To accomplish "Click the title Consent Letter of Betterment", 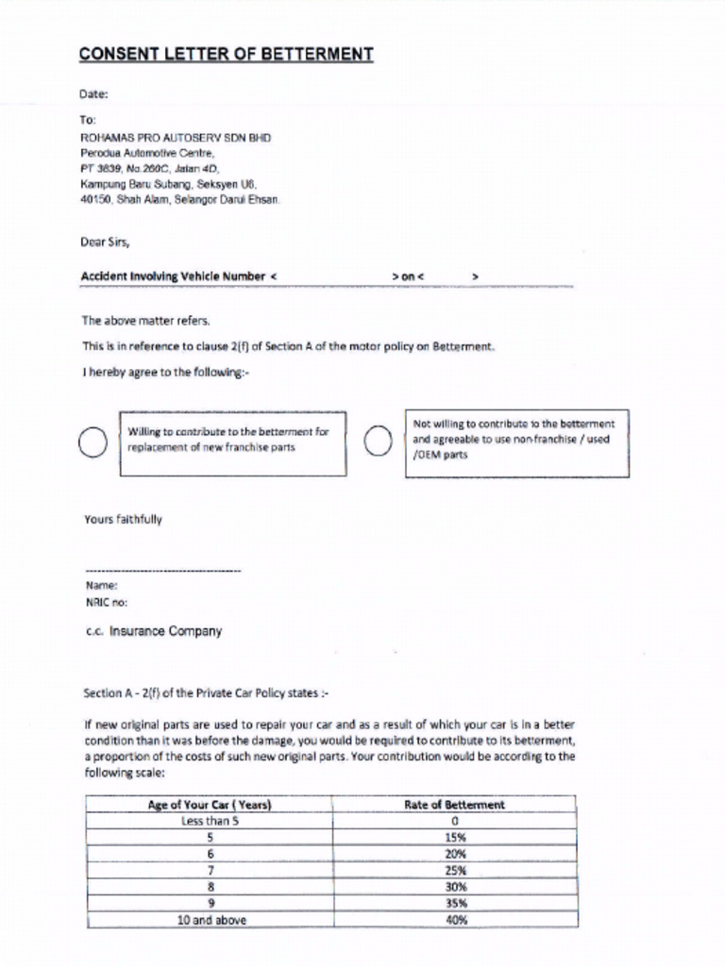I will pos(226,55).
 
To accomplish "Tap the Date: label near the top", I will pos(94,94).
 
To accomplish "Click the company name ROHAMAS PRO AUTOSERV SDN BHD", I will pos(176,137).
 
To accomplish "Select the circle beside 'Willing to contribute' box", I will pos(93,441).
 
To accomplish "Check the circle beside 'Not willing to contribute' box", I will pos(378,441).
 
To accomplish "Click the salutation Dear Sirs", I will pos(105,241).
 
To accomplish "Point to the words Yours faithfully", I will pos(123,519).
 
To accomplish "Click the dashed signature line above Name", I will pos(162,571).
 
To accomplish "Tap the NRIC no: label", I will pos(106,601).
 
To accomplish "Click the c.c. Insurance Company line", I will pos(153,631).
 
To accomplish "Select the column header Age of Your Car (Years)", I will pos(210,805).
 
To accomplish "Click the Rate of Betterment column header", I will pos(461,805).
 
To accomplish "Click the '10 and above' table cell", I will pos(211,920).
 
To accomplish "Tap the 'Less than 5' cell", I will pos(211,821).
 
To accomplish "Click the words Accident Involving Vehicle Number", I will pos(173,276).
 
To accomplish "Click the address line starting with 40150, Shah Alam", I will pos(180,200).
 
